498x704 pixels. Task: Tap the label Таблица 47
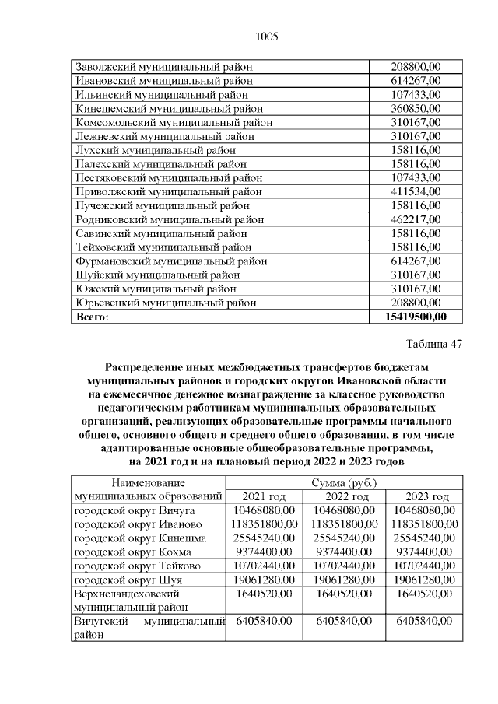[434, 343]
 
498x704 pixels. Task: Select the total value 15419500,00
[416, 317]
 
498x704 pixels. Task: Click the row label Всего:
[92, 317]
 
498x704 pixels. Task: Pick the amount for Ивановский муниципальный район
[416, 80]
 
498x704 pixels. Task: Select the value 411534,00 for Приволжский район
[416, 191]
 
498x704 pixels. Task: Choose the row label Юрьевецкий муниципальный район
[165, 303]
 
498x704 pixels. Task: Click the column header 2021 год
[264, 497]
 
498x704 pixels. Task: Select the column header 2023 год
[427, 497]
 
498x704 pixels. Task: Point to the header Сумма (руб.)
[345, 483]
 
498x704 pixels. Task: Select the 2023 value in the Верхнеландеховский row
[427, 594]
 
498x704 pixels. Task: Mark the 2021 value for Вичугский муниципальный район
[264, 622]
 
